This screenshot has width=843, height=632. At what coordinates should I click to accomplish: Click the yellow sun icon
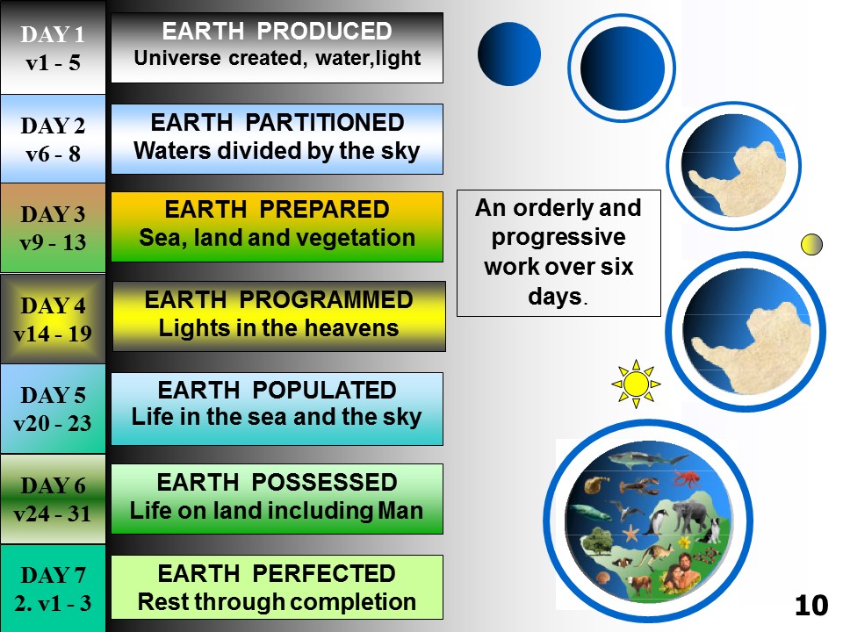click(x=636, y=384)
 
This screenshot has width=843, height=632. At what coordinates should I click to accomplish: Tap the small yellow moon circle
click(x=811, y=245)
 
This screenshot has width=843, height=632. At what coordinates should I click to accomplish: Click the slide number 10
click(x=811, y=605)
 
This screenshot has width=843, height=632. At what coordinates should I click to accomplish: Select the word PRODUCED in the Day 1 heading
click(x=324, y=32)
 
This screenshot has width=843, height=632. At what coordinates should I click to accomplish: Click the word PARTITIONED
click(x=325, y=123)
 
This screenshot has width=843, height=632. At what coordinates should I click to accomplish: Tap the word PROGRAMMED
click(x=326, y=300)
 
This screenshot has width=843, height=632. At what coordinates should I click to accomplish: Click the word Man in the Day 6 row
click(x=400, y=511)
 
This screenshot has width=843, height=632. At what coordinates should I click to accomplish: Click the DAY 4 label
click(x=53, y=305)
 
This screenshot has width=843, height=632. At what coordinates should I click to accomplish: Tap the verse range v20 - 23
click(x=53, y=423)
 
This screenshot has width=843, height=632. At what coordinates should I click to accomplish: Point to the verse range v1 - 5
click(x=53, y=63)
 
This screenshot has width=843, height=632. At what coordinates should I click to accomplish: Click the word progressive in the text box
click(x=558, y=237)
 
